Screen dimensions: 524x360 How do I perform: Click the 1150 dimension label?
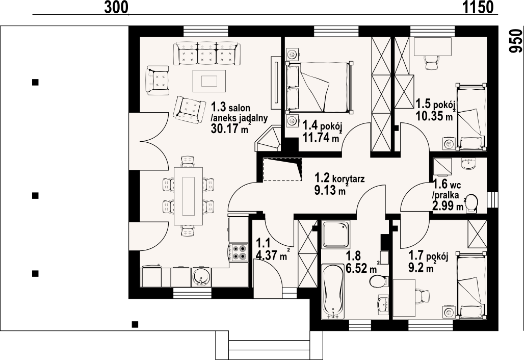pyautogui.click(x=478, y=7)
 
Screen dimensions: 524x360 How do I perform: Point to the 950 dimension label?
pyautogui.click(x=515, y=40)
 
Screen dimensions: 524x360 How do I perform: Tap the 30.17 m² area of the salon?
pyautogui.click(x=230, y=128)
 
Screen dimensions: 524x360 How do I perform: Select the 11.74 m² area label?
pyautogui.click(x=321, y=137)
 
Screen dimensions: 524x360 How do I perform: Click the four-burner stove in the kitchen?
pyautogui.click(x=239, y=253)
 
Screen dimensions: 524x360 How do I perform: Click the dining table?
pyautogui.click(x=189, y=196)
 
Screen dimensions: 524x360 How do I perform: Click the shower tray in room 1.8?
pyautogui.click(x=335, y=234)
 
